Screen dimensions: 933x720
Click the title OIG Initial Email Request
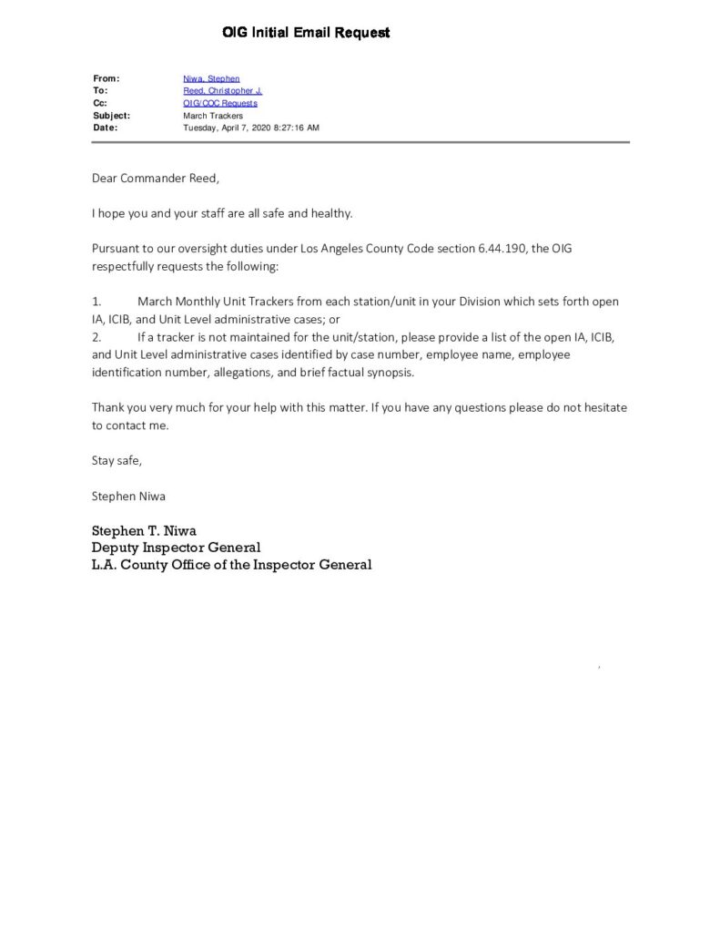click(x=306, y=33)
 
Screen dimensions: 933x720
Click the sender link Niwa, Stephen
click(x=211, y=79)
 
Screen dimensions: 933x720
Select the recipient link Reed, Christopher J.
click(x=222, y=91)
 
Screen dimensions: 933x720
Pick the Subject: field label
click(x=111, y=116)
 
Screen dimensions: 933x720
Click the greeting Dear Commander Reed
click(x=156, y=179)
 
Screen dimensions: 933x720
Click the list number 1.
click(x=96, y=302)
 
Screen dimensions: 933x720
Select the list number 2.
click(x=96, y=337)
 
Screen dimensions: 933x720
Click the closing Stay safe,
click(x=117, y=461)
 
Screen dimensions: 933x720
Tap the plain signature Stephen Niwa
click(x=128, y=497)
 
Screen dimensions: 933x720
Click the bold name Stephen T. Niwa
click(x=144, y=531)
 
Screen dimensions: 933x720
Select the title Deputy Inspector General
click(x=176, y=548)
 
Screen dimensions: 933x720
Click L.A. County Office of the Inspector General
click(x=231, y=565)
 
